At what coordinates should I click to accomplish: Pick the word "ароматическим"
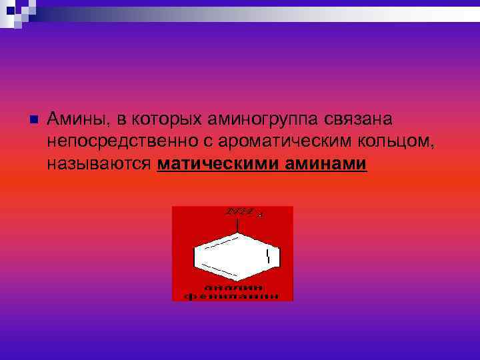coord(257,141)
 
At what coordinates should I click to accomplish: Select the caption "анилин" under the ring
coord(233,287)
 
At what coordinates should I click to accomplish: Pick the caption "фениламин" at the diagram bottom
coord(233,295)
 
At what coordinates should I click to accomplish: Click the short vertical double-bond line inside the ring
coord(267,257)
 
